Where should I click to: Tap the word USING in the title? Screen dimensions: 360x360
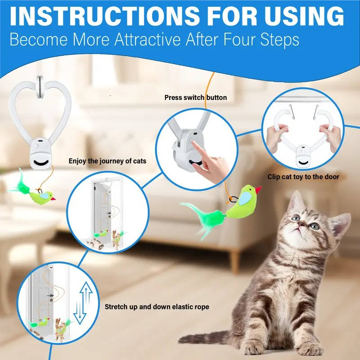[x=304, y=16]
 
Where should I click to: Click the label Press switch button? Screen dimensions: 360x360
[x=196, y=98]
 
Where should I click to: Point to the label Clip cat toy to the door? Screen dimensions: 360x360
[x=303, y=176]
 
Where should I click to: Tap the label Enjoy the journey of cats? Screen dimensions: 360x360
[x=108, y=161]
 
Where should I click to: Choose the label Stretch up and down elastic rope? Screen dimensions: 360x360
[x=157, y=307]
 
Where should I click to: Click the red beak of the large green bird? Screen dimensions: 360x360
[x=258, y=189]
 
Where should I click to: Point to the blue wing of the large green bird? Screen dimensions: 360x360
[x=245, y=198]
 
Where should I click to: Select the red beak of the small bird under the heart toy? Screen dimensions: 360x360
[x=53, y=198]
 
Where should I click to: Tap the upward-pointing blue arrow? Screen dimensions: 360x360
[x=86, y=294]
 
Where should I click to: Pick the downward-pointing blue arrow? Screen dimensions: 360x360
[x=80, y=312]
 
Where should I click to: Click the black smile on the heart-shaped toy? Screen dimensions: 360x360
[x=41, y=163]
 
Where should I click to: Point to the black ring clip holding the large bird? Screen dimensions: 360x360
[x=233, y=199]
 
